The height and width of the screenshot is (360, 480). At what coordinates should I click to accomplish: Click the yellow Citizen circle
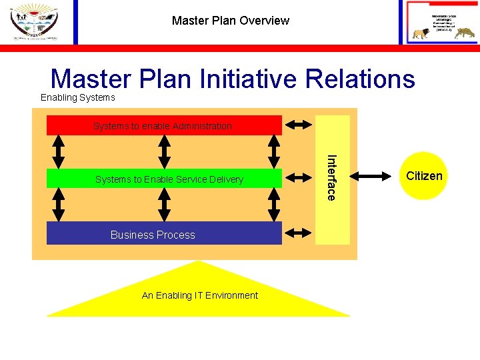pyautogui.click(x=424, y=176)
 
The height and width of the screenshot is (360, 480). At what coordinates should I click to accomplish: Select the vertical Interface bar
pyautogui.click(x=332, y=179)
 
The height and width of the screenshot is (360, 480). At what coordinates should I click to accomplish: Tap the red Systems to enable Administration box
pyautogui.click(x=163, y=125)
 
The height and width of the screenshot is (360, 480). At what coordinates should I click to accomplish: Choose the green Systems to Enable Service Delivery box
pyautogui.click(x=163, y=179)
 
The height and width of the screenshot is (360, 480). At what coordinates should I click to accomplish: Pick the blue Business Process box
pyautogui.click(x=163, y=234)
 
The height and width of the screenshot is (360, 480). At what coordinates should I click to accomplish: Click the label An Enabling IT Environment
pyautogui.click(x=199, y=295)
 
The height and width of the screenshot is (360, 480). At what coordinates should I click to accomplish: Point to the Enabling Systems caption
pyautogui.click(x=77, y=98)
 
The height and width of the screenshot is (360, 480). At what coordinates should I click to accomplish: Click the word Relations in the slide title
pyautogui.click(x=360, y=79)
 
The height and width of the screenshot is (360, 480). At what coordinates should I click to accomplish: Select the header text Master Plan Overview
pyautogui.click(x=230, y=21)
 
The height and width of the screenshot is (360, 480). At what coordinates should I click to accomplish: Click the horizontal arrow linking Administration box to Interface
pyautogui.click(x=298, y=124)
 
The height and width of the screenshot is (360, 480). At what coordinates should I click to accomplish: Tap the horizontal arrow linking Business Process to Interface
pyautogui.click(x=298, y=233)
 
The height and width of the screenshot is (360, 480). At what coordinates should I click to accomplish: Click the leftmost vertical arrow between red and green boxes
pyautogui.click(x=58, y=151)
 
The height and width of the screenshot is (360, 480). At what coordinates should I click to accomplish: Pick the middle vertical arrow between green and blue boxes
pyautogui.click(x=165, y=205)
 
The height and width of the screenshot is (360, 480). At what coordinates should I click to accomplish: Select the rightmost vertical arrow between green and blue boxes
pyautogui.click(x=273, y=205)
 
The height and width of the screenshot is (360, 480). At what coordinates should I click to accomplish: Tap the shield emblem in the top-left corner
pyautogui.click(x=34, y=21)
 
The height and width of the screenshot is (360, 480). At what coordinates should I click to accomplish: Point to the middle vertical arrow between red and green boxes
pyautogui.click(x=165, y=151)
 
